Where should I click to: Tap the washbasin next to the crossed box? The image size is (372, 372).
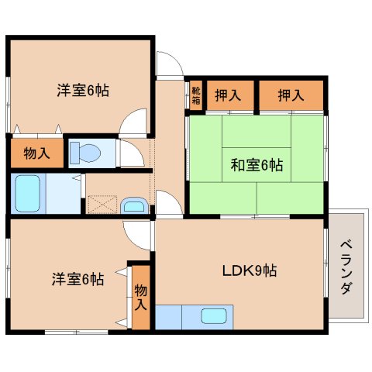[133, 205]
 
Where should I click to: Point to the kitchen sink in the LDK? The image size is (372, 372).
[212, 315]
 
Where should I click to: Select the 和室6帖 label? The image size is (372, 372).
[257, 164]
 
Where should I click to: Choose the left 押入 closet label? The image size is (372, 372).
[226, 95]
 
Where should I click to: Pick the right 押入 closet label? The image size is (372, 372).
[291, 95]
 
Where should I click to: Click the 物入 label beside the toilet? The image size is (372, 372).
[36, 153]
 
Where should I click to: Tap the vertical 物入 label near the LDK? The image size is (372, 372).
[140, 298]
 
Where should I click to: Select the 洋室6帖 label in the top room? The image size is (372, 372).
[81, 90]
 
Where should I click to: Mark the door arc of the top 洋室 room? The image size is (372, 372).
[136, 120]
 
